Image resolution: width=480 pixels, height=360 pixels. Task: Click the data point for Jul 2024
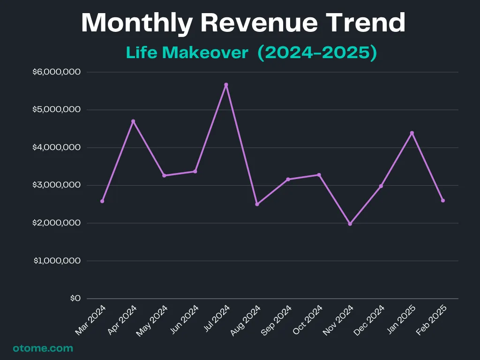click(x=226, y=85)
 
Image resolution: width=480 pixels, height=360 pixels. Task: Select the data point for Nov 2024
click(x=350, y=224)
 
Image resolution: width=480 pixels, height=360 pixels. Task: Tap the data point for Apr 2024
click(x=133, y=121)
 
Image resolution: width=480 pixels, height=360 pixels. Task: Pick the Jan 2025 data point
click(x=412, y=133)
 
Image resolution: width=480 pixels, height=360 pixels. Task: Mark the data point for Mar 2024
click(x=102, y=201)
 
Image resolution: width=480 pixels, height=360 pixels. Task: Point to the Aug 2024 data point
click(x=257, y=204)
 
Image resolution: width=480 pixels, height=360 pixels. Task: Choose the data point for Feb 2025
click(x=443, y=201)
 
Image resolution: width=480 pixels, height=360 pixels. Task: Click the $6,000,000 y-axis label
click(x=57, y=72)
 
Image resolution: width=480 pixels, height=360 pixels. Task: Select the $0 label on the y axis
click(x=75, y=299)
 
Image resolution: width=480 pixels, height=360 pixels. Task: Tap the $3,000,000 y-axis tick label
click(x=57, y=185)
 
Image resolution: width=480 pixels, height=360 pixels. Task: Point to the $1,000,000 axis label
click(x=57, y=261)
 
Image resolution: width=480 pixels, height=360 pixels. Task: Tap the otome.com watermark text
click(x=43, y=348)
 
